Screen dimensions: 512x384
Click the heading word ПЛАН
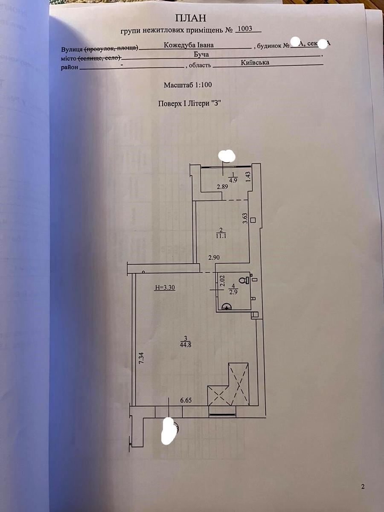190,18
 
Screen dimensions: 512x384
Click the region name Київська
255,62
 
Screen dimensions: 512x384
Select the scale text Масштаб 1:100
188,85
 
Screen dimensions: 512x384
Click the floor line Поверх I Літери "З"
191,103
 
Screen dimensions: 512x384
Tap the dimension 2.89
222,187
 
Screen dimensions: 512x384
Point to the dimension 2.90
214,257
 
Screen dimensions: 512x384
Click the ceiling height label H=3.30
165,288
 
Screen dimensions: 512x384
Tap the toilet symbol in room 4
243,280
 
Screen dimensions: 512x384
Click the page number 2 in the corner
363,486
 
